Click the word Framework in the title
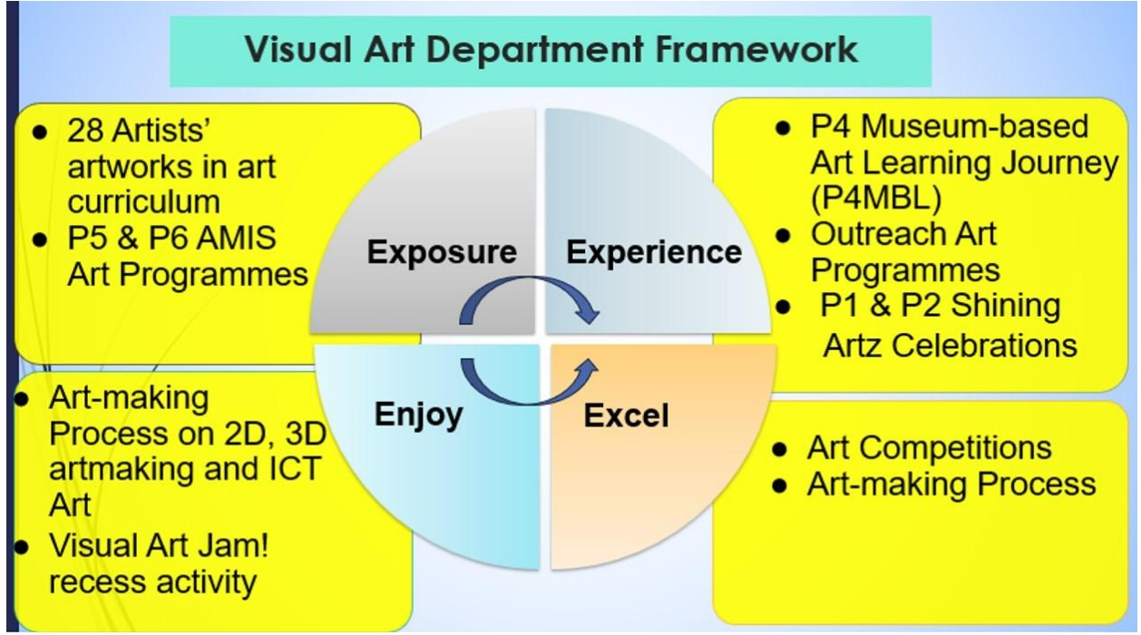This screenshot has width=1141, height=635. point(756,50)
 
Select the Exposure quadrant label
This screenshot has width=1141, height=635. point(442,252)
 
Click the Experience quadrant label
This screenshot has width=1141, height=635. point(654,252)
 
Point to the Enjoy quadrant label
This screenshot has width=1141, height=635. point(419,415)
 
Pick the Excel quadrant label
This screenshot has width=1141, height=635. point(626,415)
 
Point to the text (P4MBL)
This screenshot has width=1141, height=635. point(875,198)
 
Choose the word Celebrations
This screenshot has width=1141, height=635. point(983,346)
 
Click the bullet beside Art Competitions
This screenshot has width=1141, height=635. point(779,450)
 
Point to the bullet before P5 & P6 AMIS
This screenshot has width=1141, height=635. point(40,239)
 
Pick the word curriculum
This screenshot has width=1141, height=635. point(143,201)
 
